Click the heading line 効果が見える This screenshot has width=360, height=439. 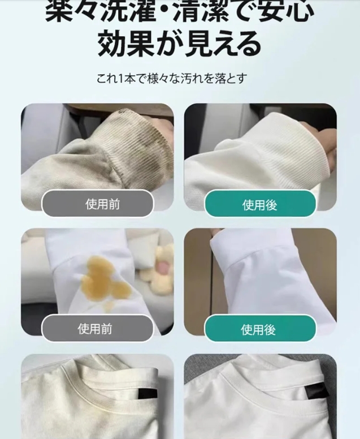179,44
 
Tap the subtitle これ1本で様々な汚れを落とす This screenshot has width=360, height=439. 172,78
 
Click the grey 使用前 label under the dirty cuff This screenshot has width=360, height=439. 97,203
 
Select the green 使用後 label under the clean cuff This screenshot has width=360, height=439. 260,204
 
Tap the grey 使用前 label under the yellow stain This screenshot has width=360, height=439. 97,328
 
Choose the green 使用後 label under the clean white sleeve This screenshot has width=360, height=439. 260,328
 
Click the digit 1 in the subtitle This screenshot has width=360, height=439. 120,79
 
